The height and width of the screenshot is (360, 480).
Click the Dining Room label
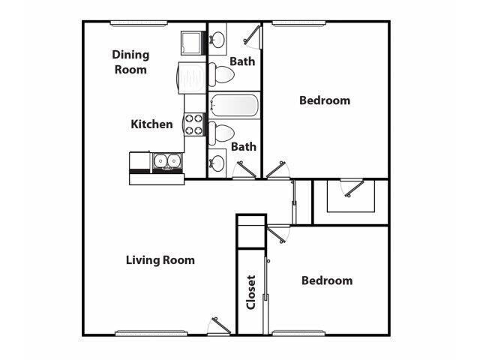pyautogui.click(x=130, y=61)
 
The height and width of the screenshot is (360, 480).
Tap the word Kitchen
pyautogui.click(x=152, y=124)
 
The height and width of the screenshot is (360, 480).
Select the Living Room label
pyautogui.click(x=160, y=260)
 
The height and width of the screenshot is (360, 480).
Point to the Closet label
pyautogui.click(x=251, y=292)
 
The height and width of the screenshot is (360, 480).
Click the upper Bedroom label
pyautogui.click(x=325, y=100)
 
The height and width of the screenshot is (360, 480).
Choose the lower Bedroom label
pyautogui.click(x=326, y=280)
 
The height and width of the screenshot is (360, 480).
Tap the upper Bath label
pyautogui.click(x=242, y=61)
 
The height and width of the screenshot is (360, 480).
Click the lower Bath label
pyautogui.click(x=243, y=147)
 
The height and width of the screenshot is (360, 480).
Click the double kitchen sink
pyautogui.click(x=166, y=160)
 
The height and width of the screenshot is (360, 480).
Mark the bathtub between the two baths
pyautogui.click(x=234, y=105)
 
